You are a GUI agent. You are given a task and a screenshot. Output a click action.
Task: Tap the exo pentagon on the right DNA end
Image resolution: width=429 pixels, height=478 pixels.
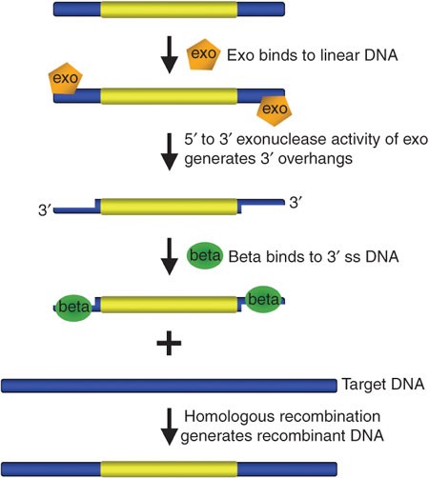pos(275,110)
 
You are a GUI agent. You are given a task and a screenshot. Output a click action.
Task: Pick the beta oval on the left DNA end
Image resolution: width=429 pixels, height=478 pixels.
pos(73,307)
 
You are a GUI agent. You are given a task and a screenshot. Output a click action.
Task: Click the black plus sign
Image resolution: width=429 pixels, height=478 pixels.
pos(171,345)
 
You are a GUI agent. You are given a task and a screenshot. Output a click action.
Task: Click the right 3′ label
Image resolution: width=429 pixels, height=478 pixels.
pos(297,200)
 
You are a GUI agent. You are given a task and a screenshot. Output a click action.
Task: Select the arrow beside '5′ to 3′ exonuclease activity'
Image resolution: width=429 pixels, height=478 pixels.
pos(171,152)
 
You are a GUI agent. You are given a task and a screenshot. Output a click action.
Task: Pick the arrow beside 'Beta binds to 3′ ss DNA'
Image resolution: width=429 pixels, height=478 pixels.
pos(171,257)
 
